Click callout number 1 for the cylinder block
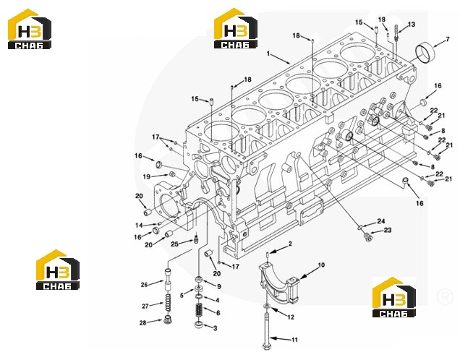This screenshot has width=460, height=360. click(x=268, y=53)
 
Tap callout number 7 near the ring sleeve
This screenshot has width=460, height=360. click(x=448, y=39)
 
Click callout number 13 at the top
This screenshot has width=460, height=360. click(x=412, y=24)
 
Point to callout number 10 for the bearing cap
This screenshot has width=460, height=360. click(x=322, y=265)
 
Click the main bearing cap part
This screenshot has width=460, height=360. click(x=279, y=282)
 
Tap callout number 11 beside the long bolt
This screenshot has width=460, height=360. click(x=294, y=340)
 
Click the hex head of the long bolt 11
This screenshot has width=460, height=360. click(x=266, y=346)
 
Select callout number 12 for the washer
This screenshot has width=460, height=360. click(x=291, y=317)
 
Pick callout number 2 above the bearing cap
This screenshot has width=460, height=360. click(x=290, y=244)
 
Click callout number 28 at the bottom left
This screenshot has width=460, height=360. click(x=143, y=322)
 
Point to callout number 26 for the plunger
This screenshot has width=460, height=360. click(x=144, y=284)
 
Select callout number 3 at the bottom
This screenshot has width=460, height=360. click(x=215, y=328)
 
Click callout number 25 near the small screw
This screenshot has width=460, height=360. click(x=174, y=244)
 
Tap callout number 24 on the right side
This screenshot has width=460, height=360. click(x=381, y=221)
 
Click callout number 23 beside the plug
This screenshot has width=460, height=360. click(x=388, y=230)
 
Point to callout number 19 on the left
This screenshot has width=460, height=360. click(x=147, y=176)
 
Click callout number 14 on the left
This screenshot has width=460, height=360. click(x=139, y=225)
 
